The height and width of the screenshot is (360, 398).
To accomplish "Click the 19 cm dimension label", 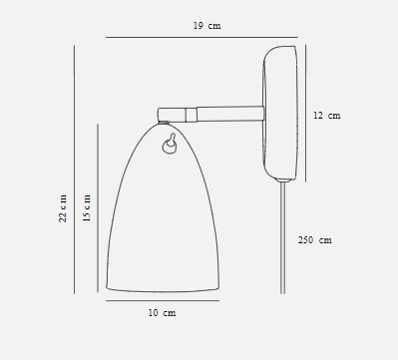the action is [206, 26].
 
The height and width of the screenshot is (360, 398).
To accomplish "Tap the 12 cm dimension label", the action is [327, 116].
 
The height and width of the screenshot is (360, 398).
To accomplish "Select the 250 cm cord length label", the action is [315, 240].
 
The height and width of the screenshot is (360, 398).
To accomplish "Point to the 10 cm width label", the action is [162, 313].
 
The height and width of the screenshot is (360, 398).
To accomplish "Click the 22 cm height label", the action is [63, 208].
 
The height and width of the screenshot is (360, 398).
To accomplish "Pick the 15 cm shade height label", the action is [87, 208].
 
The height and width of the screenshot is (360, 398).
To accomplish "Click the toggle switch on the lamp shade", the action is [170, 144].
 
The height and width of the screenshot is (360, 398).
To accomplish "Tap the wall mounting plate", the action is [280, 113].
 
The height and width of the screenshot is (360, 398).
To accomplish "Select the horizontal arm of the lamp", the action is [230, 114].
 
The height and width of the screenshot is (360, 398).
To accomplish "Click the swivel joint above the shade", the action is [172, 115].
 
